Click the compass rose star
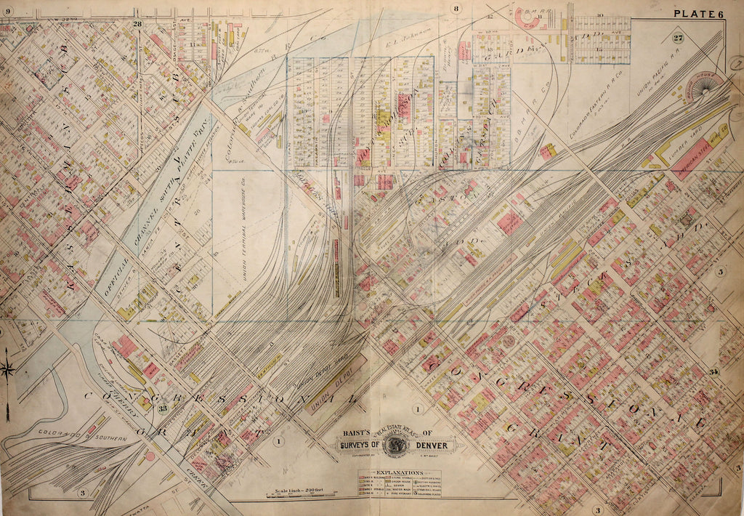[x=9, y=369]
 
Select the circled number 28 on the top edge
[x=137, y=25]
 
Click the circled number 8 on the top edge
[x=456, y=9]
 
